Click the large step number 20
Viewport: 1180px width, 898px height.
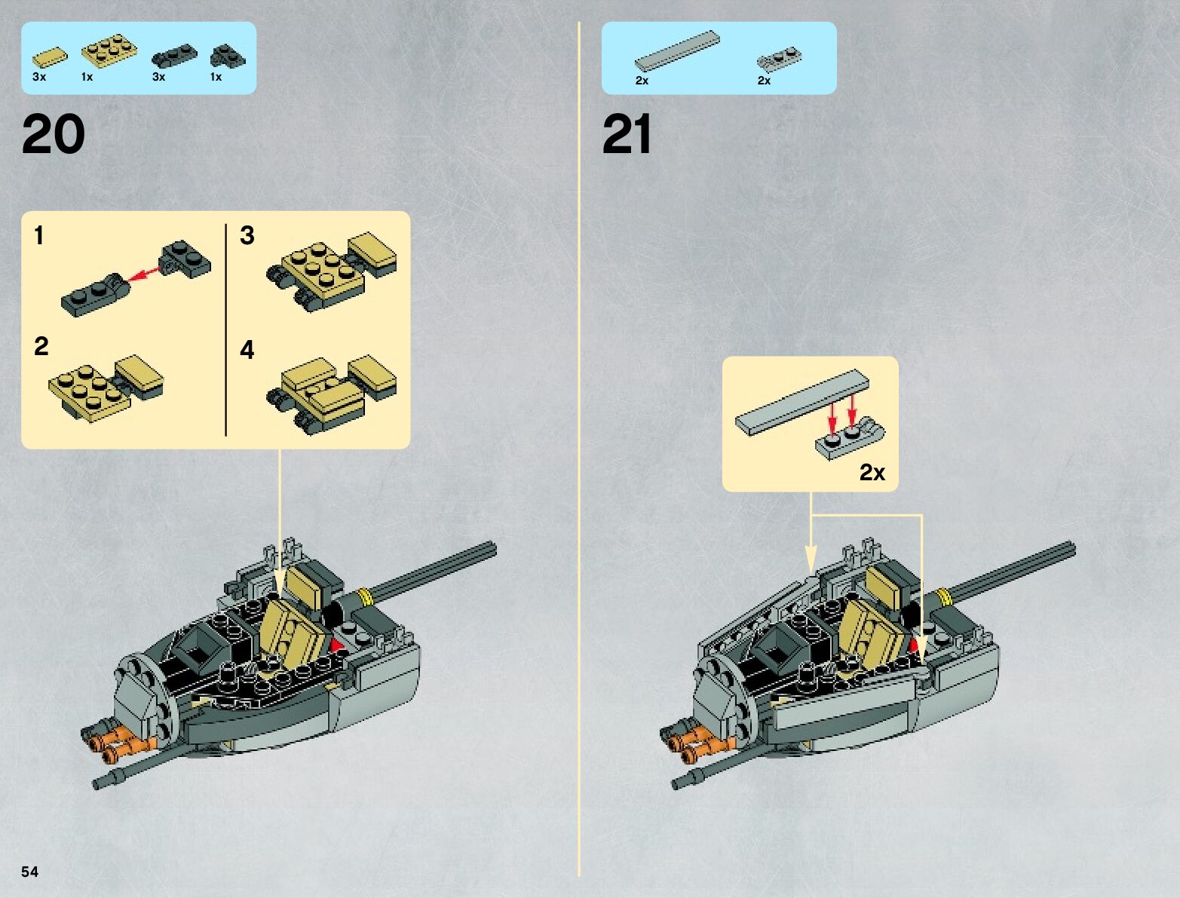(x=54, y=133)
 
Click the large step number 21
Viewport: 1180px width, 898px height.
(x=627, y=133)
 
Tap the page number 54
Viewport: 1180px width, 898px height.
(x=29, y=872)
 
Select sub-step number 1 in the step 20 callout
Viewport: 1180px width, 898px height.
(x=38, y=235)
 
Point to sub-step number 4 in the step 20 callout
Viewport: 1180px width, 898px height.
(x=247, y=349)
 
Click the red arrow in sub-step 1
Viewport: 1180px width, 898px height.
(x=146, y=272)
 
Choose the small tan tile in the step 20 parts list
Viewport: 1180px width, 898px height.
(x=50, y=58)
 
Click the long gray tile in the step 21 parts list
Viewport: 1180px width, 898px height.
(x=677, y=51)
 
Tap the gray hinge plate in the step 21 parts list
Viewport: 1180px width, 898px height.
(x=779, y=59)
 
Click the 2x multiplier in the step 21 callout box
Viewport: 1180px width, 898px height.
(x=872, y=473)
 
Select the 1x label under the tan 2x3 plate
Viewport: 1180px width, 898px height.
(x=87, y=77)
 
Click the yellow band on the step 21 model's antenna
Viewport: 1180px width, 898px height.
(x=944, y=596)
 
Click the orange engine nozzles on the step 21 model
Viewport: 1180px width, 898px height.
(x=697, y=741)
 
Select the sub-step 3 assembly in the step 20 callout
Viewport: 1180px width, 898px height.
(x=331, y=271)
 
